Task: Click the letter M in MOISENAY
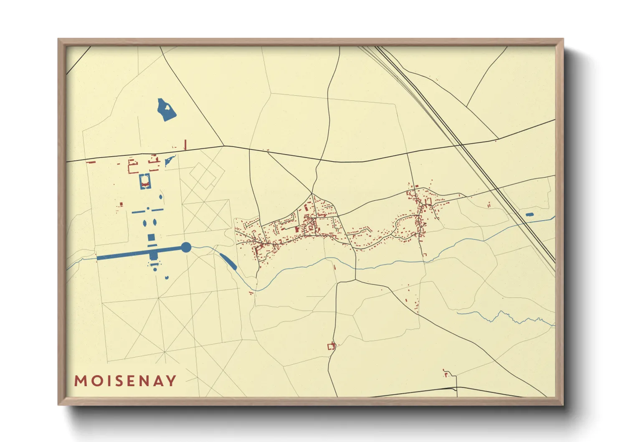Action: (80, 381)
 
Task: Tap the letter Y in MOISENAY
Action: (171, 381)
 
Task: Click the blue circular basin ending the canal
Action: (186, 247)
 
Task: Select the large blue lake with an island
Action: (166, 110)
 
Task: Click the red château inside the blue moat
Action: (145, 183)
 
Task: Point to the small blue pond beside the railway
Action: (529, 214)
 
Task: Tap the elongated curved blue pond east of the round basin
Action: (228, 261)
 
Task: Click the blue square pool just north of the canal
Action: (152, 238)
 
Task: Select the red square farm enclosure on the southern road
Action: (331, 346)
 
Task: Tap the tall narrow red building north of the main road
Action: (185, 145)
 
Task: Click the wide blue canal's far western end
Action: (99, 258)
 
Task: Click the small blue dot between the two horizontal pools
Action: (147, 208)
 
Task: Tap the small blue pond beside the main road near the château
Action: (170, 160)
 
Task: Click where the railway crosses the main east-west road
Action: (462, 145)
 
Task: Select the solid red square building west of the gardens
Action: (121, 204)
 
